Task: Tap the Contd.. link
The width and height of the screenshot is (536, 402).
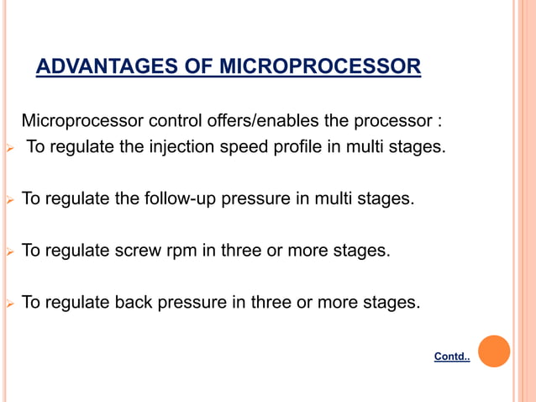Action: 452,357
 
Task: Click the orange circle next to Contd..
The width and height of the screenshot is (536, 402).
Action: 494,352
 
